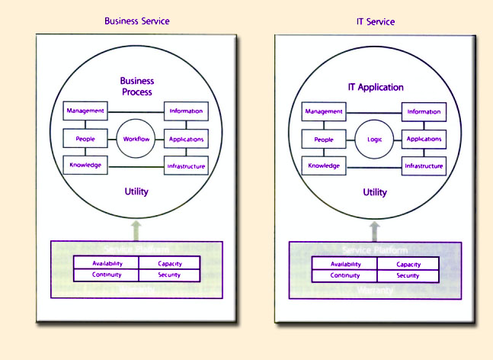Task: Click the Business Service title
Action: [137, 21]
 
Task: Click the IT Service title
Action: [376, 22]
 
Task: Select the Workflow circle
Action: [137, 139]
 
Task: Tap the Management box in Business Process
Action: [85, 111]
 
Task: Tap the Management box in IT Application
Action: [324, 111]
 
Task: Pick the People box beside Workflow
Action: [85, 139]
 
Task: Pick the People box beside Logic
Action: [324, 140]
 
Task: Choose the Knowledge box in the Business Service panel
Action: [85, 165]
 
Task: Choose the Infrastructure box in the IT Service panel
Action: [424, 166]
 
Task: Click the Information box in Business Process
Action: [186, 111]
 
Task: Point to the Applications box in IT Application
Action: [424, 140]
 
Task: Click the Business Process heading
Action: [137, 86]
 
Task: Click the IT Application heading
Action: [376, 88]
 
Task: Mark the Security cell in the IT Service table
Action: [408, 275]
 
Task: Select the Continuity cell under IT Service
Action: [344, 275]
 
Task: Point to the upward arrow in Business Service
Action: [136, 227]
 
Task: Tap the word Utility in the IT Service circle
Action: [375, 193]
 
